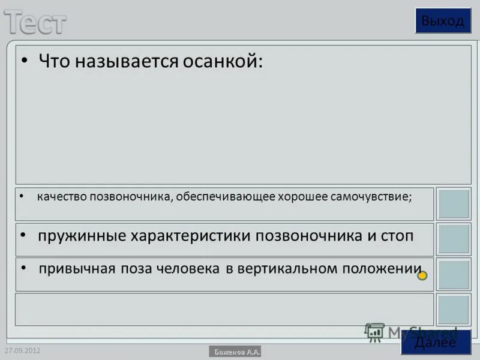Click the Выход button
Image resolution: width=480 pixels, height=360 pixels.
(443, 21)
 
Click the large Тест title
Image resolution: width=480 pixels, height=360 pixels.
(36, 22)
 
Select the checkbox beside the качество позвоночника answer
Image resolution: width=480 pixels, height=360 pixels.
(453, 204)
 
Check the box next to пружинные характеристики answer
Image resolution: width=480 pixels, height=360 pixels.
(453, 239)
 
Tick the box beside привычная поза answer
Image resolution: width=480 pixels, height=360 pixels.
(453, 275)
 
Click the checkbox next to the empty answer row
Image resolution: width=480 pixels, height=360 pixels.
(453, 310)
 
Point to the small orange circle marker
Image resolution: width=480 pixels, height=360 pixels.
(422, 275)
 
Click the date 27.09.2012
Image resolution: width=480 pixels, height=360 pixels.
(22, 350)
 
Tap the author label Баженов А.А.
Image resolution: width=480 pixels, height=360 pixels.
(235, 352)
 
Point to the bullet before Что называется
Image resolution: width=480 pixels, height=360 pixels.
(25, 61)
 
